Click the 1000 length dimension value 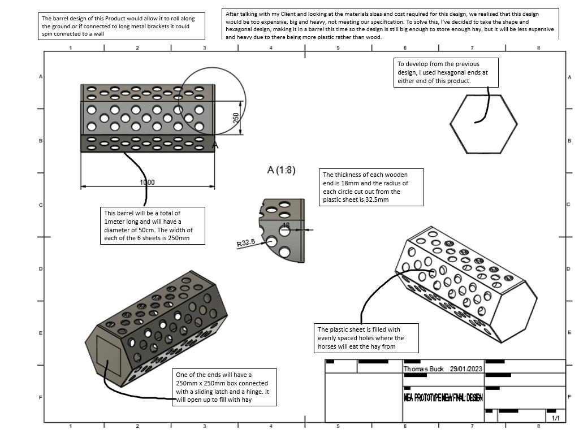coord(147,182)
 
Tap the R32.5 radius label coord(246,243)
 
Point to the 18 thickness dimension coord(286,225)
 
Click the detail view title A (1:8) coord(281,170)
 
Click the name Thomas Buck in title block coord(424,369)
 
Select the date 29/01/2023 coord(466,369)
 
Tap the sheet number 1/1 coord(556,418)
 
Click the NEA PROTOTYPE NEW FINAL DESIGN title coord(443,398)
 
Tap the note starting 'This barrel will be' coord(152,225)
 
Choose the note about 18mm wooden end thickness coord(371,187)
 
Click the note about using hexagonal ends coord(446,72)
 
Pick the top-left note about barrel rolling coord(122,27)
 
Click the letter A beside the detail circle coord(215,145)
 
